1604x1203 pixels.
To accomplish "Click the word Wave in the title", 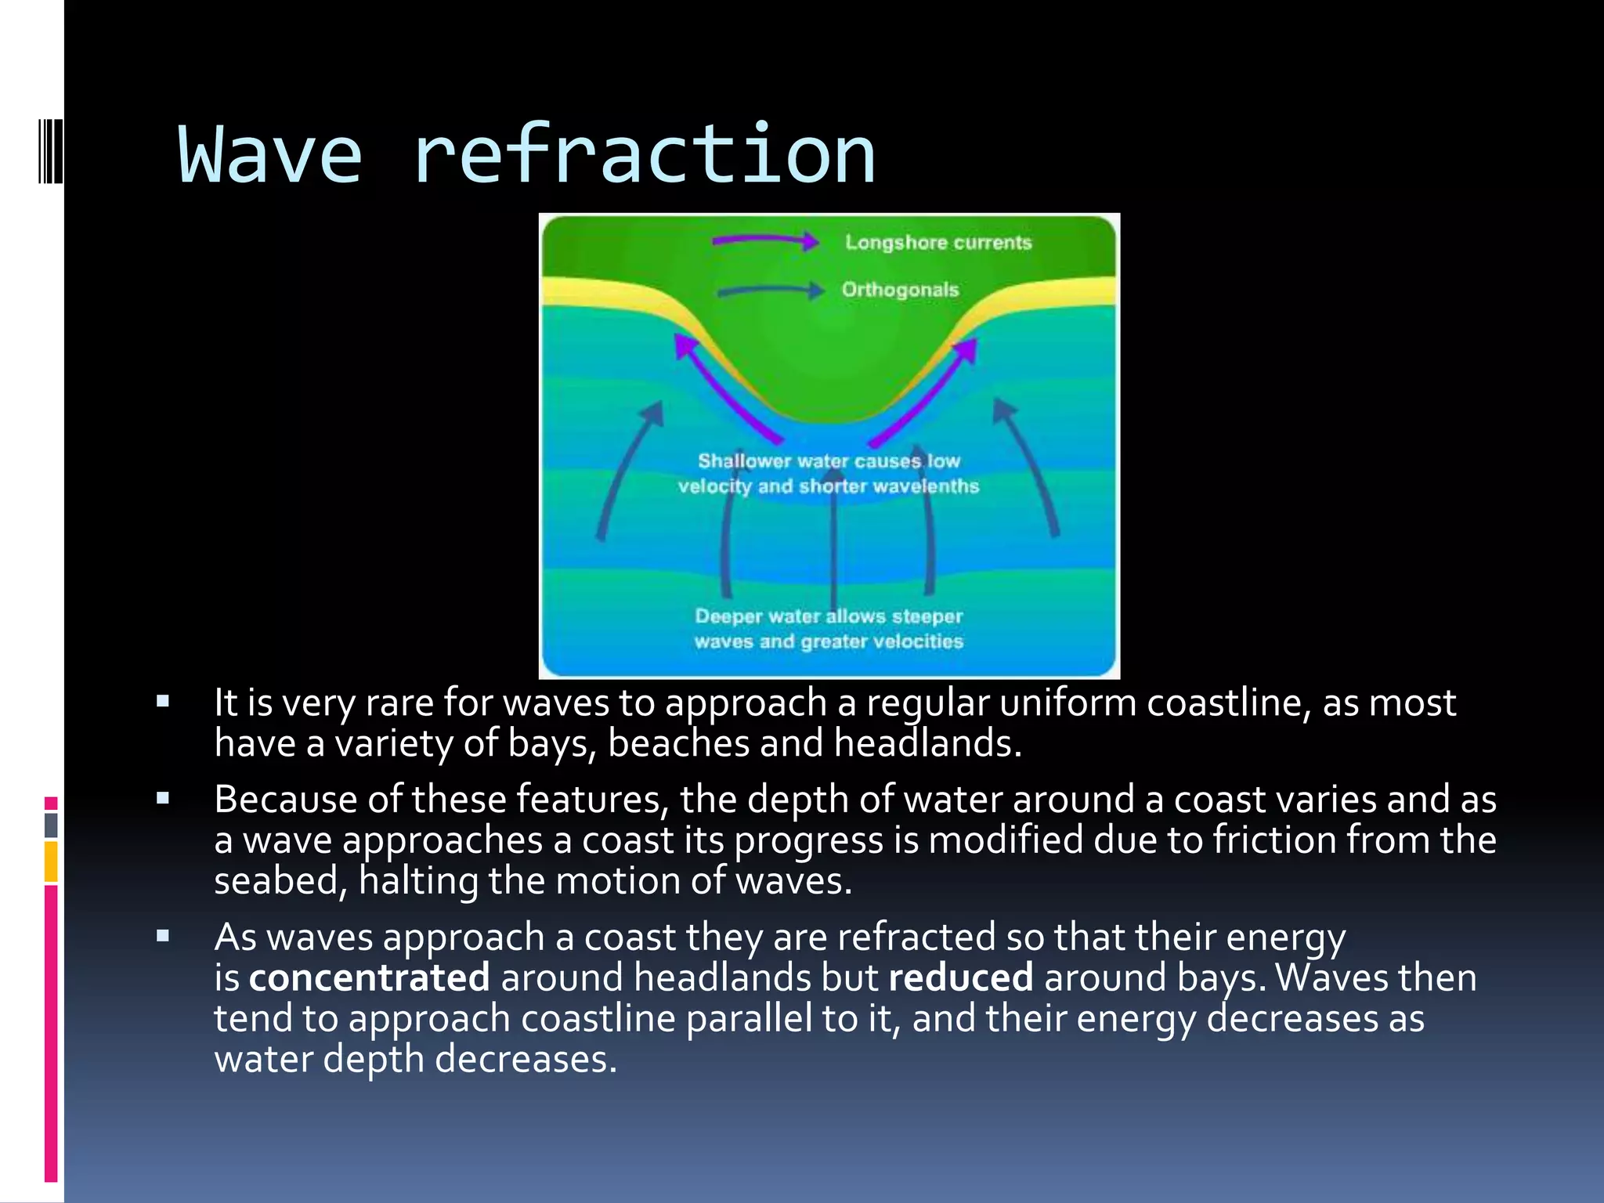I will pyautogui.click(x=270, y=155).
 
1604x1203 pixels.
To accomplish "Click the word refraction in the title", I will pyautogui.click(x=644, y=155).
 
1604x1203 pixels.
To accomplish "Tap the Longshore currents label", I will pyautogui.click(x=937, y=243).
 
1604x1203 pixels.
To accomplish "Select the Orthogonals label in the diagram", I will pyautogui.click(x=900, y=290).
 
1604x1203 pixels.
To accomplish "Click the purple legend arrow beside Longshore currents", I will pyautogui.click(x=764, y=241).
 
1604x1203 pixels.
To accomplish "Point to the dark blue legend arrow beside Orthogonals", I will pyautogui.click(x=770, y=291).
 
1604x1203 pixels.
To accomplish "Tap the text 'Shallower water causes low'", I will pyautogui.click(x=829, y=461).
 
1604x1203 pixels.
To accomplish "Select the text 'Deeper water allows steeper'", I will pyautogui.click(x=829, y=616).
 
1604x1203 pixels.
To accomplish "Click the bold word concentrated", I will pyautogui.click(x=369, y=978).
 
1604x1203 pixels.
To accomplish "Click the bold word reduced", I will pyautogui.click(x=960, y=978).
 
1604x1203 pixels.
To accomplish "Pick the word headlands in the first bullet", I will pyautogui.click(x=927, y=743).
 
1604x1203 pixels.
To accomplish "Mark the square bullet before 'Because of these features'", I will pyautogui.click(x=163, y=800).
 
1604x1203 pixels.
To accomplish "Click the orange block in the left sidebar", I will pyautogui.click(x=51, y=862).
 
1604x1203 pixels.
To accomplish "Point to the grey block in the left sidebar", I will pyautogui.click(x=51, y=825).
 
